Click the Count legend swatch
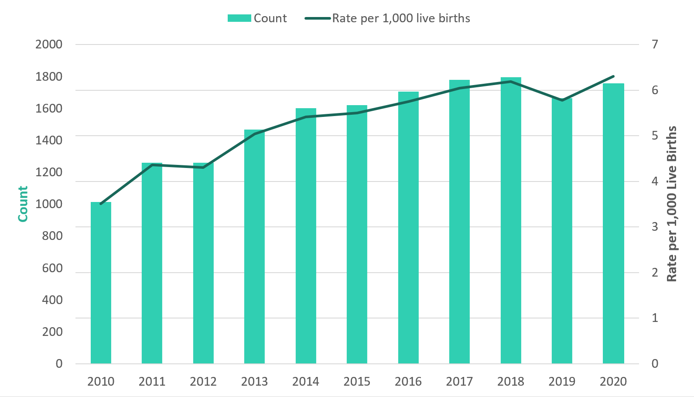click(239, 18)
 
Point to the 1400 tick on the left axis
click(49, 140)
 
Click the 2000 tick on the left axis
click(49, 44)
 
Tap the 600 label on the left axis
click(52, 268)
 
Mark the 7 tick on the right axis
click(655, 44)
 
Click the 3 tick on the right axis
click(655, 227)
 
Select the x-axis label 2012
click(203, 382)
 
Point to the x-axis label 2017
click(459, 382)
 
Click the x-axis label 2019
click(562, 382)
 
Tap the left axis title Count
click(23, 204)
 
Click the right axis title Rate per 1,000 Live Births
click(672, 204)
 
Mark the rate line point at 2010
click(101, 204)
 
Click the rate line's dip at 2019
click(562, 100)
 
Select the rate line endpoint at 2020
click(613, 76)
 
